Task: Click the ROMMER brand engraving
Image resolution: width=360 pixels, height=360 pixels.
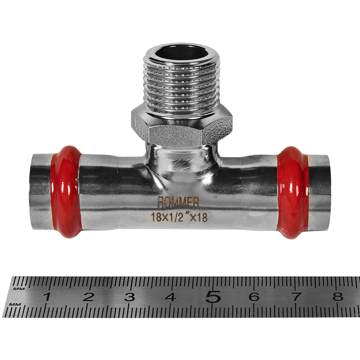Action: [x=178, y=202]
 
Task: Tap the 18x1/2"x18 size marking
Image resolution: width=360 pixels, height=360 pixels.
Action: [x=179, y=217]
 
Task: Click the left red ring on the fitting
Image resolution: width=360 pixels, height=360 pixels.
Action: [x=66, y=192]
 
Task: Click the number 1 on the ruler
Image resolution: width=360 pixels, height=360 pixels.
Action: [x=47, y=297]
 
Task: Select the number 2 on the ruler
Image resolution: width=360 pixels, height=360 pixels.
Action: [x=89, y=297]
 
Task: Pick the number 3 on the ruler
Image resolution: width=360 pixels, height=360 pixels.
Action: [x=129, y=297]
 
